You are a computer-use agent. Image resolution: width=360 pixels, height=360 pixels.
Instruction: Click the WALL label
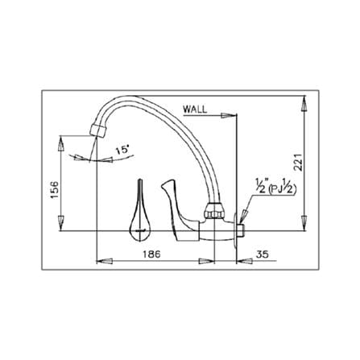[195, 110]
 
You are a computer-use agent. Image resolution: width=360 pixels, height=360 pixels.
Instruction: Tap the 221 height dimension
[298, 163]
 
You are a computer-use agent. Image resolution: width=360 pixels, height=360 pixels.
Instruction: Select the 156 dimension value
[54, 190]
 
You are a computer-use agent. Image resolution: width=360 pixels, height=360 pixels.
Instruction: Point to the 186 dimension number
[151, 254]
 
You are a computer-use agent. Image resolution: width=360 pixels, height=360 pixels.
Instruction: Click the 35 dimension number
[262, 254]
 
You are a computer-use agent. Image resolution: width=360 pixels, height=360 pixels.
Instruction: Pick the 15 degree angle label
[122, 150]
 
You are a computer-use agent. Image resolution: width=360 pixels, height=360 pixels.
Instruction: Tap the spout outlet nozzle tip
[97, 130]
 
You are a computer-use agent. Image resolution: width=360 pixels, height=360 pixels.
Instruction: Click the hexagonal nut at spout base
[214, 211]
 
